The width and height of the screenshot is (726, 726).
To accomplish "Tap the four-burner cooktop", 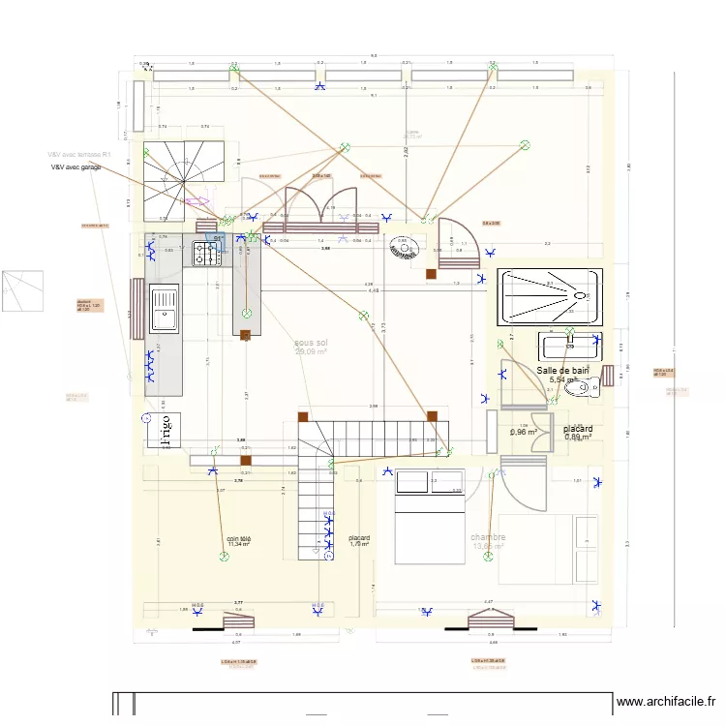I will point(206,254).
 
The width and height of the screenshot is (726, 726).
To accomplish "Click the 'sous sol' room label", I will point(311,347).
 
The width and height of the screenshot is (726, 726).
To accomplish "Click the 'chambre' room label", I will point(488,542).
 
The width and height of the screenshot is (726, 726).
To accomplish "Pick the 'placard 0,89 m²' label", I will point(578,432).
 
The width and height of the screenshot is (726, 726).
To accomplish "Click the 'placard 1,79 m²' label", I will point(359,541).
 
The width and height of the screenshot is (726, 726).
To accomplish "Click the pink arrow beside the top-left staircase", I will point(197,201).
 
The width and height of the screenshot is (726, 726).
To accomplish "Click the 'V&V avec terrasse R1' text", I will point(80,154).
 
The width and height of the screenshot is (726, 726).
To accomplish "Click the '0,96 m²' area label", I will point(524,432).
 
